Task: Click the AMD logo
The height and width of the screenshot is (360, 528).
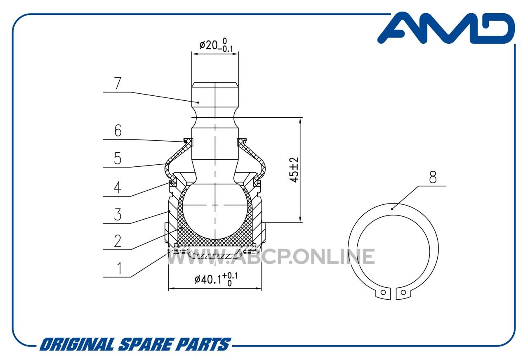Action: click(446, 28)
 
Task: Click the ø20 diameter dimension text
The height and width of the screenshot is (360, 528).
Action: click(216, 45)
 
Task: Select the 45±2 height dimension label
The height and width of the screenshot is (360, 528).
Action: click(294, 170)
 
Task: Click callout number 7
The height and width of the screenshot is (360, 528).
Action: click(118, 83)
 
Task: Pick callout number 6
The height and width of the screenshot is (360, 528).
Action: click(118, 130)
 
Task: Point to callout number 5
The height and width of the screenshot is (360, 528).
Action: click(118, 158)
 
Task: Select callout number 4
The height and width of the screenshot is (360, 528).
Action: click(118, 187)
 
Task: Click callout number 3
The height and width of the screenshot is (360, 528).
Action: click(118, 214)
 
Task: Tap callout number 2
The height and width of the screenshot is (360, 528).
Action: click(118, 241)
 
